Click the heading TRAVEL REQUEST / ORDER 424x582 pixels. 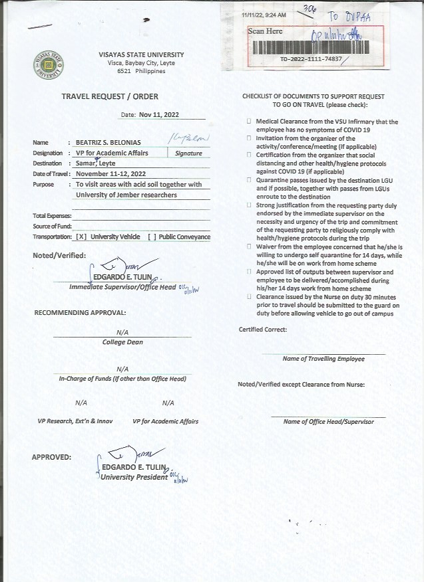click(110, 96)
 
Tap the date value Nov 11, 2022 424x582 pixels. click(159, 114)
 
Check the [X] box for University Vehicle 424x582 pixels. click(81, 237)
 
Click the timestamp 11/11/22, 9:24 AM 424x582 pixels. click(264, 15)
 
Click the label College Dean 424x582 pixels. click(122, 342)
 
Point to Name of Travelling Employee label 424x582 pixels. click(323, 359)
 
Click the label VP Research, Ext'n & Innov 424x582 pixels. click(75, 421)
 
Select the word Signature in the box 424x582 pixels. click(188, 153)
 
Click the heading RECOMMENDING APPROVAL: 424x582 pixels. click(80, 312)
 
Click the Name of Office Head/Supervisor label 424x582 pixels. click(328, 422)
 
